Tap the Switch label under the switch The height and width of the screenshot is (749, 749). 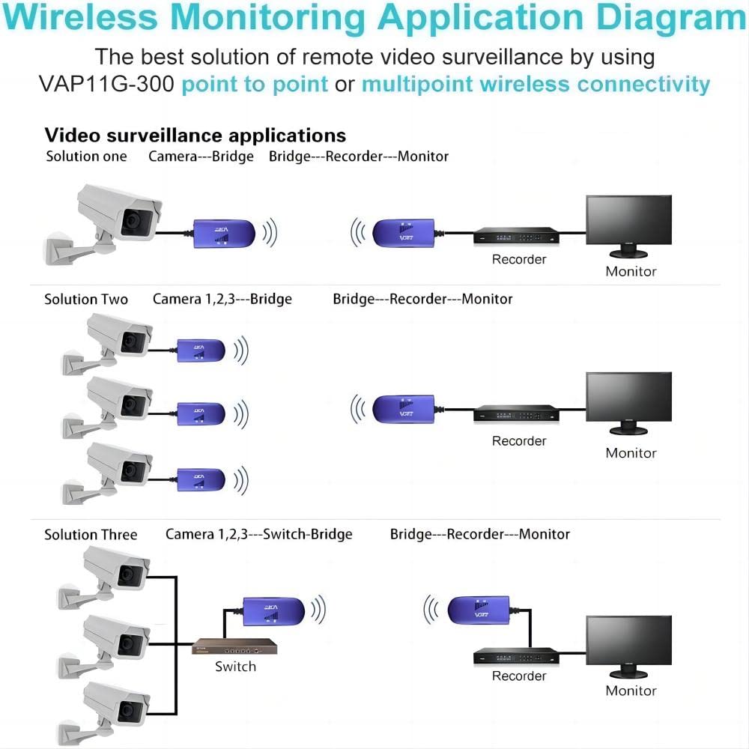pyautogui.click(x=235, y=667)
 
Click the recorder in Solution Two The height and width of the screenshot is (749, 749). pyautogui.click(x=516, y=413)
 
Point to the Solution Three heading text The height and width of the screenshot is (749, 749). pyautogui.click(x=91, y=535)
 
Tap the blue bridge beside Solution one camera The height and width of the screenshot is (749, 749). pyautogui.click(x=225, y=233)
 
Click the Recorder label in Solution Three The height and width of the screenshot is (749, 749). pyautogui.click(x=518, y=676)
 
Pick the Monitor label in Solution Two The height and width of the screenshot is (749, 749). pyautogui.click(x=631, y=453)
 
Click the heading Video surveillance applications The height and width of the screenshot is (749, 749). pyautogui.click(x=195, y=136)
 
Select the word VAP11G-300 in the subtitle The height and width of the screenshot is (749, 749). pyautogui.click(x=106, y=84)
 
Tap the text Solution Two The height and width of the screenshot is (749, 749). pyautogui.click(x=86, y=300)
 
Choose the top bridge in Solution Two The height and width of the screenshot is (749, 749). pyautogui.click(x=200, y=350)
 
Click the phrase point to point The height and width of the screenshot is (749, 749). pyautogui.click(x=255, y=84)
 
